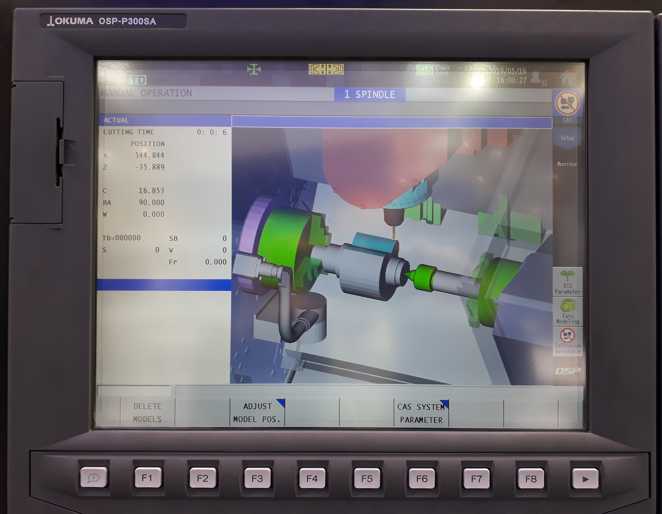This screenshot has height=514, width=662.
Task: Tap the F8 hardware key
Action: [531, 478]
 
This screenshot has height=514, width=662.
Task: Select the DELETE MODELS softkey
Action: [147, 413]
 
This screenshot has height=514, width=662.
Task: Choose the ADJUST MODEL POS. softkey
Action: [257, 413]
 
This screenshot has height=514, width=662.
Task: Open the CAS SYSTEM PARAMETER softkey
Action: [421, 413]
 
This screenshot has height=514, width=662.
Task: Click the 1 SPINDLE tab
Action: [369, 95]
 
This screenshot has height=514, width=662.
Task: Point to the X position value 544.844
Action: [149, 155]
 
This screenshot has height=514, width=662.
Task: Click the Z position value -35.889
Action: [149, 167]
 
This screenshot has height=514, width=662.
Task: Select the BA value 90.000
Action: [151, 202]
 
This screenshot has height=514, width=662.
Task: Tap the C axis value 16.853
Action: [151, 190]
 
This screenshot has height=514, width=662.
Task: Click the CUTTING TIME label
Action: [129, 132]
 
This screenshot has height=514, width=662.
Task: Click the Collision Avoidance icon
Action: [567, 341]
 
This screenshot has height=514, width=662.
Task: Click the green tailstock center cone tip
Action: [408, 274]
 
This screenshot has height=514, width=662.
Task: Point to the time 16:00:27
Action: [511, 80]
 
